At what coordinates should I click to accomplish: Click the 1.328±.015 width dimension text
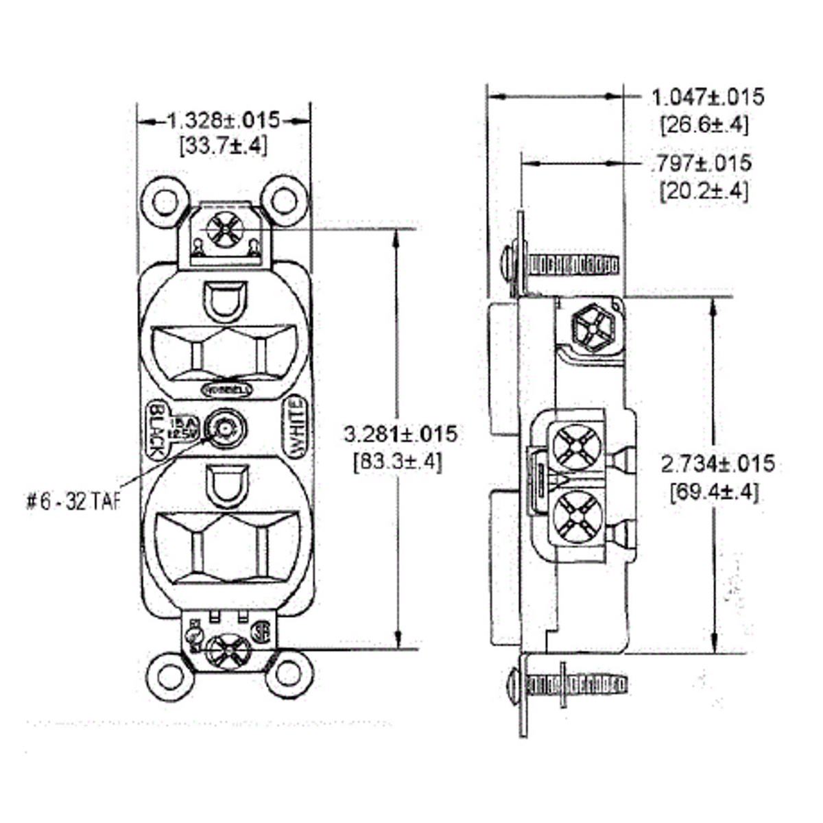224,121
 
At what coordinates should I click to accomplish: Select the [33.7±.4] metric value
223,146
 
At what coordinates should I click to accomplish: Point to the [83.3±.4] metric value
398,462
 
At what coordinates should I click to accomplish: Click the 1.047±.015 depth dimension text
707,97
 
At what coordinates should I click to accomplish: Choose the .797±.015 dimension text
700,163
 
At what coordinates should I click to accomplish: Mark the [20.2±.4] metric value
704,191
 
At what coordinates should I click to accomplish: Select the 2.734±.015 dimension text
717,464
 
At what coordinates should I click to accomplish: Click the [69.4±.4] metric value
715,492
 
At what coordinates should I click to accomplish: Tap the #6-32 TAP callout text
73,503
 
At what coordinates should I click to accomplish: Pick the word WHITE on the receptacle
298,429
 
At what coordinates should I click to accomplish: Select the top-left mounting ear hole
165,202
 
